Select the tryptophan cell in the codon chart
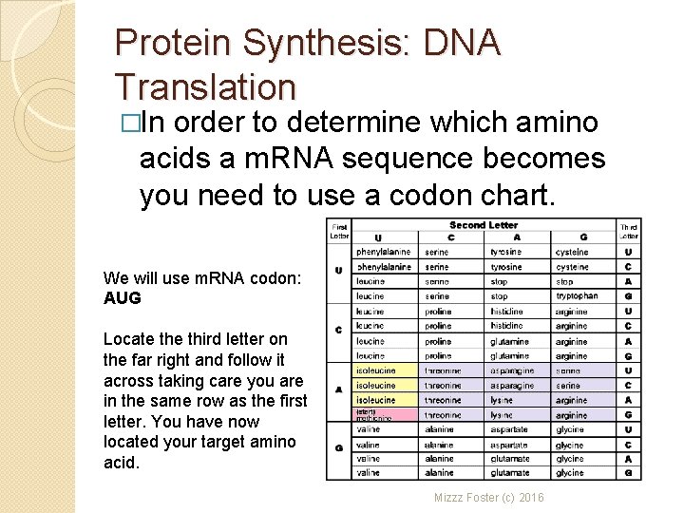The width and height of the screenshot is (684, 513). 577,296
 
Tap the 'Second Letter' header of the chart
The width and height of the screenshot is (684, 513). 484,225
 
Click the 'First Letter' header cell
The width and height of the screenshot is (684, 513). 339,230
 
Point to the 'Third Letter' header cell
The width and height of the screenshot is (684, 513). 629,231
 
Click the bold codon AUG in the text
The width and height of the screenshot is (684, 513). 122,298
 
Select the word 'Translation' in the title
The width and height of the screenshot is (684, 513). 205,86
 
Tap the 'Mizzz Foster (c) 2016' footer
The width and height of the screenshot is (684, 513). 489,497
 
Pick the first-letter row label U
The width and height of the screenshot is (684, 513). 339,270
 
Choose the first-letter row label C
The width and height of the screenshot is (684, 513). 339,329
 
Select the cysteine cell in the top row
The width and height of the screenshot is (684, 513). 573,253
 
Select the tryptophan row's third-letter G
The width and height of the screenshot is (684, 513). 629,296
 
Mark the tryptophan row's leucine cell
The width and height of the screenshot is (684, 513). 370,296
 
